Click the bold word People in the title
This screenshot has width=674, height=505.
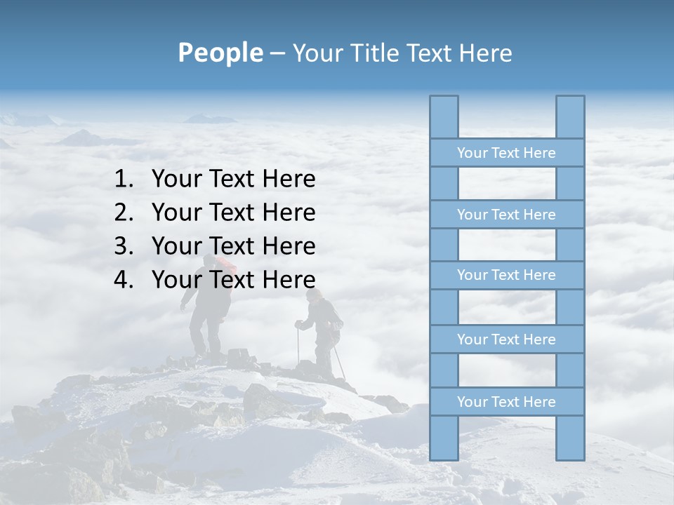pos(219,53)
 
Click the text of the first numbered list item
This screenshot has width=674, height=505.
pos(233,180)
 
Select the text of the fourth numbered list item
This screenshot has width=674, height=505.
pos(233,280)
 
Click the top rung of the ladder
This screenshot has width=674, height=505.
pos(506,152)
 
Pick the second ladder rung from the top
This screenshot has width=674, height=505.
pos(506,214)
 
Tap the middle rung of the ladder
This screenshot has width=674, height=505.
pos(506,275)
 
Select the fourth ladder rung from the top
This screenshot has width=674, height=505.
pos(506,339)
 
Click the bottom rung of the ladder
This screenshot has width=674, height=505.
pos(506,401)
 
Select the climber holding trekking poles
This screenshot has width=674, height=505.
pos(324,330)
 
